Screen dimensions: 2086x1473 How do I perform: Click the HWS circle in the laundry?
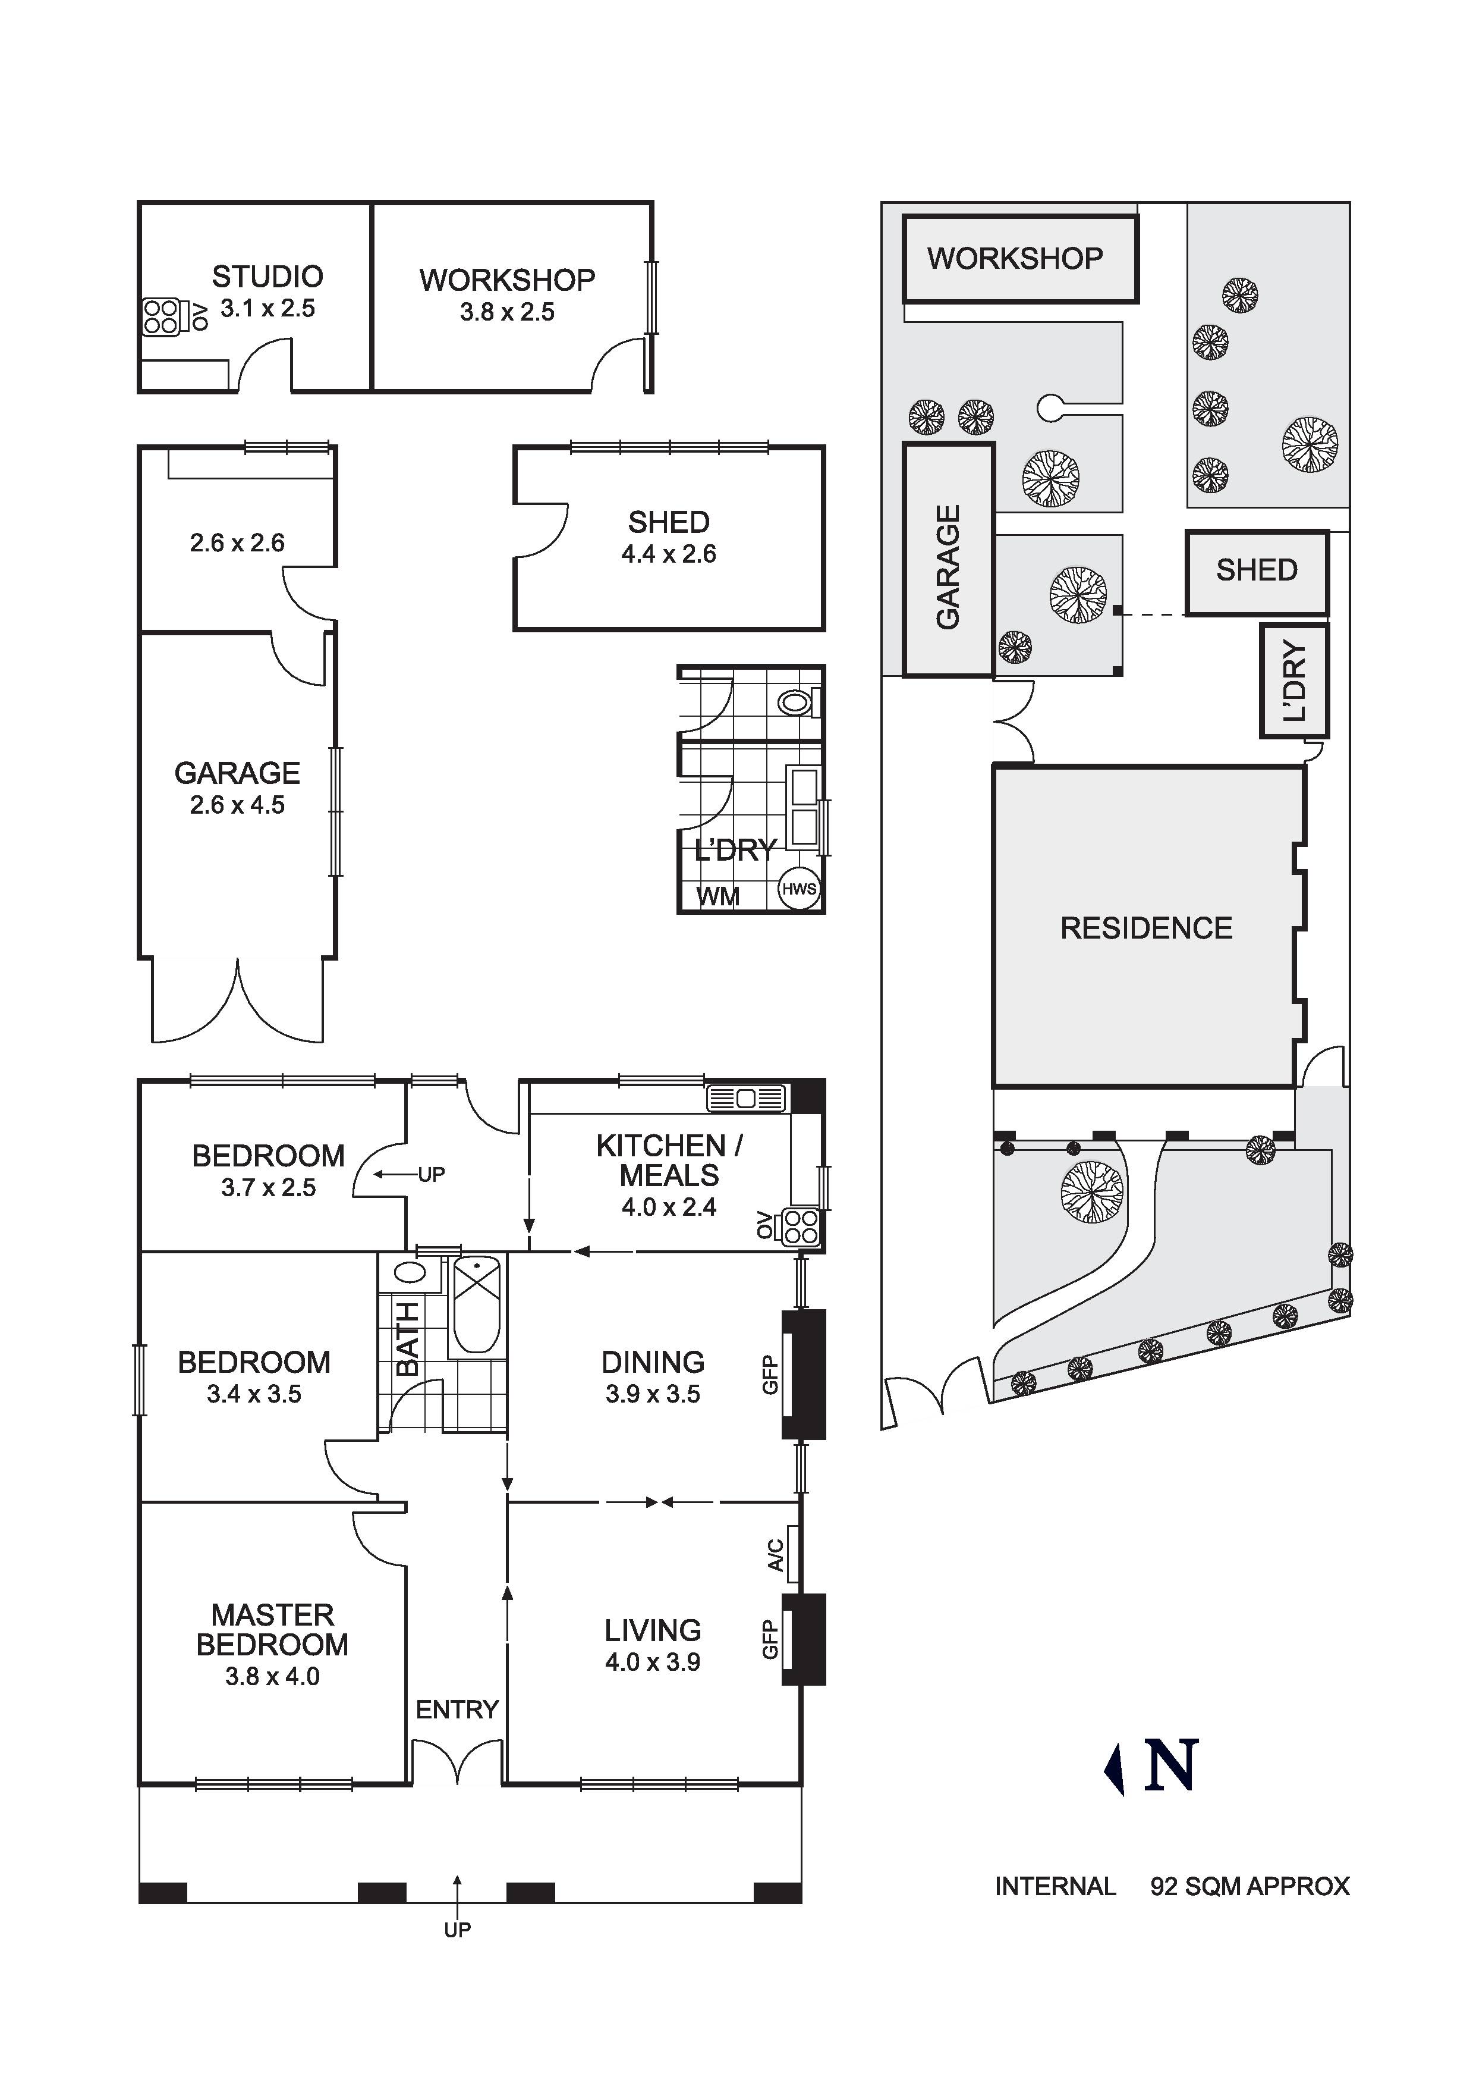799,889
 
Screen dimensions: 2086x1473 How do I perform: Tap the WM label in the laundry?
717,897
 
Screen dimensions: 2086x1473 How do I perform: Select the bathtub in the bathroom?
476,1306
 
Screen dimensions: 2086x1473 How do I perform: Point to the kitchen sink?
745,1099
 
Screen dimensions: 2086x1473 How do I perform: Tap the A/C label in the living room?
775,1554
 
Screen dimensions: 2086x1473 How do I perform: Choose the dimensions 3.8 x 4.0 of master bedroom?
272,1676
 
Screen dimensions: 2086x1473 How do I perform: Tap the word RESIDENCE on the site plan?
1146,928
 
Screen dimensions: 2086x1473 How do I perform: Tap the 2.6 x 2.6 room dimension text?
237,543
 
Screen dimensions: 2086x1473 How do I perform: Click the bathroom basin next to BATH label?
411,1272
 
